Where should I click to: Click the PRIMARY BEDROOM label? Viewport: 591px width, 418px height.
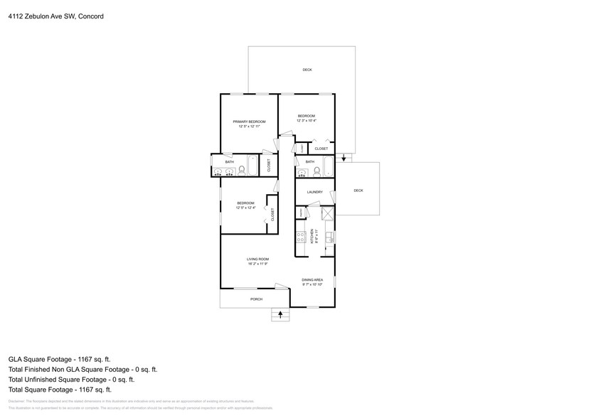[249, 122]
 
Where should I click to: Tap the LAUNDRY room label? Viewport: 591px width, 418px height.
[314, 192]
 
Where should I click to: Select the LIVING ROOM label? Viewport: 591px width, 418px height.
[257, 259]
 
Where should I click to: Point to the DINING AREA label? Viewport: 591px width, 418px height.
[312, 280]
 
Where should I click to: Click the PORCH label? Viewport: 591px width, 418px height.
[256, 299]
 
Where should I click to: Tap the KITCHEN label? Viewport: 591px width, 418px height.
[312, 236]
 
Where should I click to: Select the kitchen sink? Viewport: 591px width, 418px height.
[329, 237]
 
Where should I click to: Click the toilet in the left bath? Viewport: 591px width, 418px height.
[243, 171]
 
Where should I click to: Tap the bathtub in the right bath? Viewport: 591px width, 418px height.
[327, 168]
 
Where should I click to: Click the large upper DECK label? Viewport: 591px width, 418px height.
[307, 70]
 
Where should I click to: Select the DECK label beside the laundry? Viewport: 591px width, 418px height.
[358, 191]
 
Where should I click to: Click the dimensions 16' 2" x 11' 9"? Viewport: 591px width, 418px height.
[257, 264]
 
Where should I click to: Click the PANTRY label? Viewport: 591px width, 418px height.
[302, 213]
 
